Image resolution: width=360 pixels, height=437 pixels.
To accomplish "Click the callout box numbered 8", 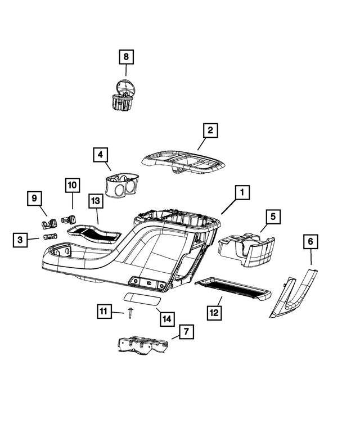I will pyautogui.click(x=126, y=57).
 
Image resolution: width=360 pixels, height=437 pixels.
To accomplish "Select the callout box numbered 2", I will pyautogui.click(x=209, y=131).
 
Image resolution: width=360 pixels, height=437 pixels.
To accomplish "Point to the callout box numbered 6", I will pyautogui.click(x=310, y=242).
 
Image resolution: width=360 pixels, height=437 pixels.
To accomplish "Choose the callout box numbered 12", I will pyautogui.click(x=215, y=312).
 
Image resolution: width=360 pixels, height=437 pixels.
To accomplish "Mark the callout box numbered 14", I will pyautogui.click(x=165, y=318).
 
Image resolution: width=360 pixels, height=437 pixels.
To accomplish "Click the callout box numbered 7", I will pyautogui.click(x=186, y=332).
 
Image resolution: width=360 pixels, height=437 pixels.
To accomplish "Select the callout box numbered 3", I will pyautogui.click(x=20, y=240).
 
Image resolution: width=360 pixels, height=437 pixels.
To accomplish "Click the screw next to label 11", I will pyautogui.click(x=130, y=313).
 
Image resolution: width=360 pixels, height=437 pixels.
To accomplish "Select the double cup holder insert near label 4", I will pyautogui.click(x=121, y=185).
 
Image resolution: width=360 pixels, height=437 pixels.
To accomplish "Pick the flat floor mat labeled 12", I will pyautogui.click(x=232, y=289).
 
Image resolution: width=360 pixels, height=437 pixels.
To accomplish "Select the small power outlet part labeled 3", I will pyautogui.click(x=50, y=237).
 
